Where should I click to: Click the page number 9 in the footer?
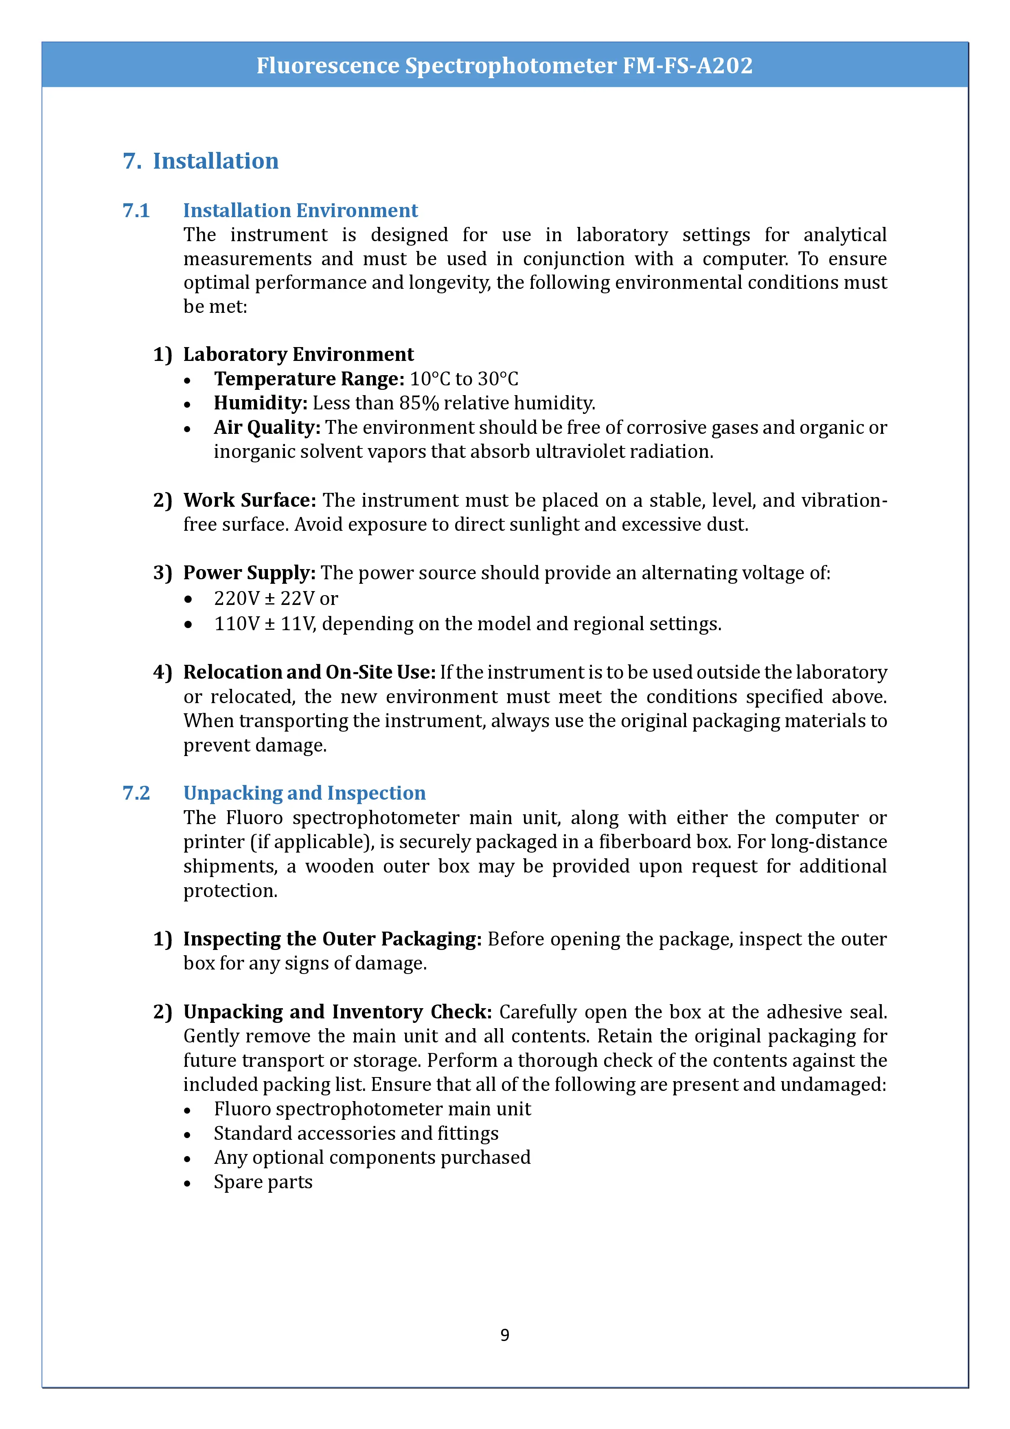(x=504, y=1334)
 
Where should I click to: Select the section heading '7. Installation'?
(x=200, y=161)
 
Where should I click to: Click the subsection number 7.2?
(x=136, y=793)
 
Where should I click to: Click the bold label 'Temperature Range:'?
(x=309, y=379)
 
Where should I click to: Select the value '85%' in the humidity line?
(x=419, y=403)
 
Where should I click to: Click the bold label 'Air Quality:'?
(x=267, y=428)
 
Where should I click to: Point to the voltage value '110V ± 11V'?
(x=264, y=624)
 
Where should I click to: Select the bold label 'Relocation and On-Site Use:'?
(x=309, y=672)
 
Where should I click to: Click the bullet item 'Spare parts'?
(x=263, y=1182)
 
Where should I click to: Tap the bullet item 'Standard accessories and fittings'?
(x=356, y=1133)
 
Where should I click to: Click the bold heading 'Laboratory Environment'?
(x=298, y=354)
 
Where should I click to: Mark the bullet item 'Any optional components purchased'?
(x=372, y=1158)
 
